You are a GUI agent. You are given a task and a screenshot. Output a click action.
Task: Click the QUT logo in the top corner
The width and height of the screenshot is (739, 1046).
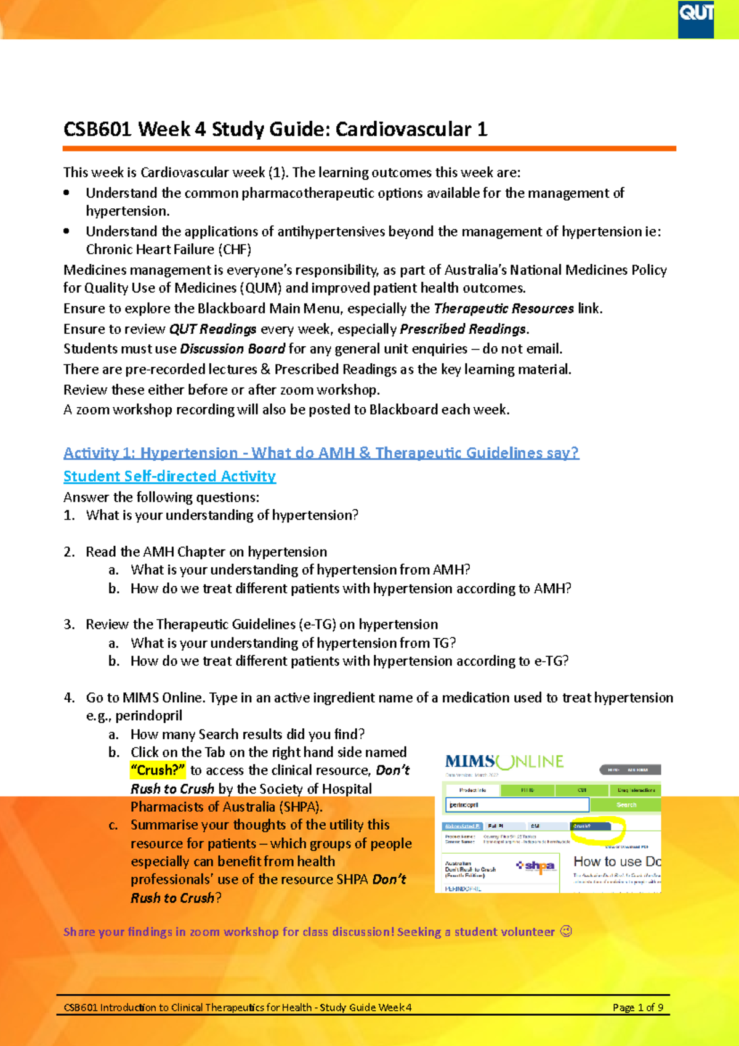coord(696,18)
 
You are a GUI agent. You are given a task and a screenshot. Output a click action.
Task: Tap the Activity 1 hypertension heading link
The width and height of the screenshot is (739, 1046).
coord(321,453)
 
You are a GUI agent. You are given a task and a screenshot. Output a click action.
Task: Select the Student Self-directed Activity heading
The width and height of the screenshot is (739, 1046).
coord(169,476)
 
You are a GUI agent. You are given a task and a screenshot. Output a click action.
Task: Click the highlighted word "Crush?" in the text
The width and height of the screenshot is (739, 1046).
coord(158,770)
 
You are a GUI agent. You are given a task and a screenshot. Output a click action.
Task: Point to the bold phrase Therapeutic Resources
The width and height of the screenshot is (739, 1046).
coord(504,308)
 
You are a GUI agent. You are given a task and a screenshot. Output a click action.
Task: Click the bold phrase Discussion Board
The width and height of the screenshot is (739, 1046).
coord(232,349)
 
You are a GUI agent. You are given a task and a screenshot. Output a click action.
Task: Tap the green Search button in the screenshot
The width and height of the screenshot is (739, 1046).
coord(626,805)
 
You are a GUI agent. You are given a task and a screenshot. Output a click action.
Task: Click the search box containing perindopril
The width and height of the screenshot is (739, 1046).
coord(517,805)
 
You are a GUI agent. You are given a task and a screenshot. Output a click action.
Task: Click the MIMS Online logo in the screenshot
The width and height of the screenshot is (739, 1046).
coord(504,762)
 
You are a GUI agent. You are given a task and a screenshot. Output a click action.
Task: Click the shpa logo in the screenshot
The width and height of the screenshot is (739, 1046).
coord(536,866)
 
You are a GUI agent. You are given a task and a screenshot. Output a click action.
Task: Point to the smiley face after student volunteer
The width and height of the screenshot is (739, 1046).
coord(566,931)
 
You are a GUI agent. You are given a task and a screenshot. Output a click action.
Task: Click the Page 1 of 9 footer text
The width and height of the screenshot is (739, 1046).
coord(637,1008)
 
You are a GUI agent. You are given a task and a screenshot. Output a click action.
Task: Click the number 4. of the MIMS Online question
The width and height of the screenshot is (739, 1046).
coord(69,697)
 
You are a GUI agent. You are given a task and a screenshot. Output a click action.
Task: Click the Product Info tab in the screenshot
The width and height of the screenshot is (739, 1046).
coord(472,790)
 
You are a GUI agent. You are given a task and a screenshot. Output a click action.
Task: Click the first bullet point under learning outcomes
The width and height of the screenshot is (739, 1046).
coord(67,193)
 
